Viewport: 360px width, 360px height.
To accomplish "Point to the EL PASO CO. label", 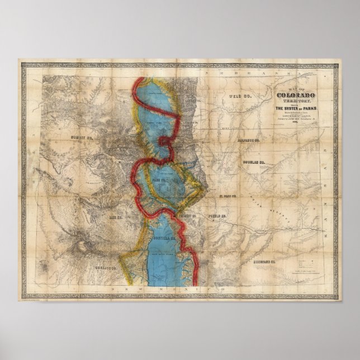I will point(229,197).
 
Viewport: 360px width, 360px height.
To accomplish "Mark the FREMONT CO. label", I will point(184,215).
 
